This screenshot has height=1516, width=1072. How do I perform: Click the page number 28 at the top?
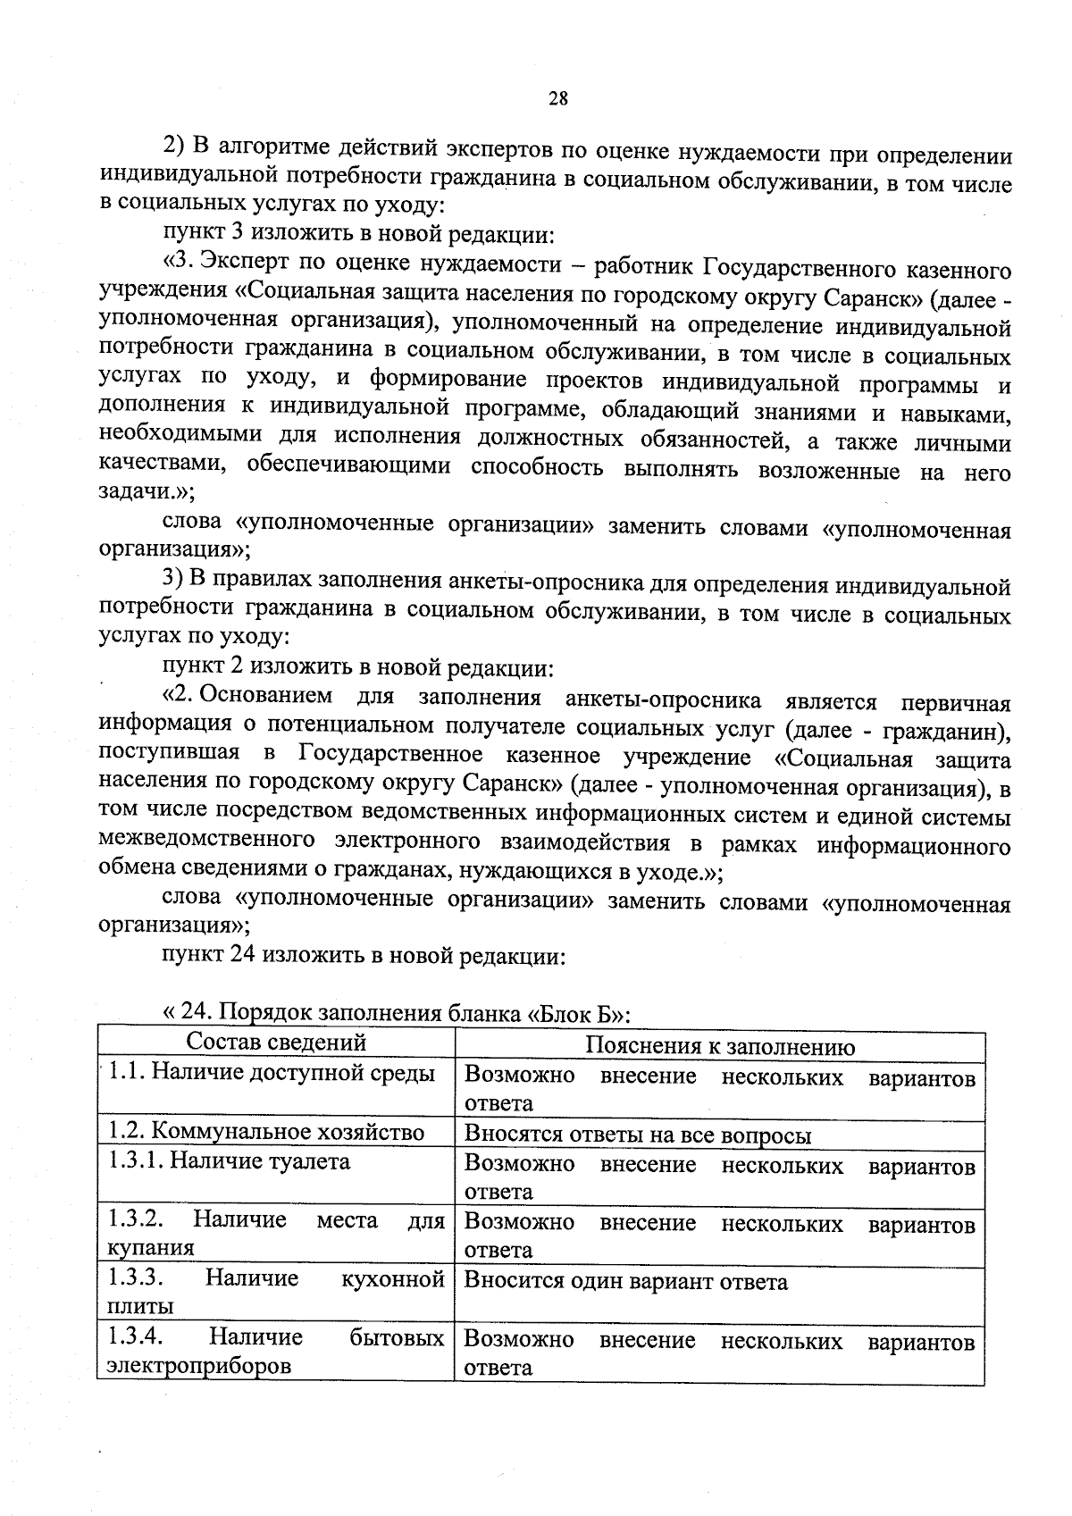(557, 98)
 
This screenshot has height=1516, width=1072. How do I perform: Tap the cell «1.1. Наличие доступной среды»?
(272, 1072)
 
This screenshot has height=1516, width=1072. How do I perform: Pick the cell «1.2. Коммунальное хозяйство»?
(265, 1132)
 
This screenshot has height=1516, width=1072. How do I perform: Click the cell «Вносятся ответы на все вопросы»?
(638, 1135)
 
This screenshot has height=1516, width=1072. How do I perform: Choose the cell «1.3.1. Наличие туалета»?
(229, 1161)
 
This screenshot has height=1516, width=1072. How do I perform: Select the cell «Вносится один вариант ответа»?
(626, 1283)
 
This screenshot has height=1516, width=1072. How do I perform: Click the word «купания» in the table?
(150, 1247)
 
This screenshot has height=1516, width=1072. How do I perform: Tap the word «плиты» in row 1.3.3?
(140, 1306)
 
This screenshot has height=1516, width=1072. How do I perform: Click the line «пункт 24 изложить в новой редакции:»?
(363, 956)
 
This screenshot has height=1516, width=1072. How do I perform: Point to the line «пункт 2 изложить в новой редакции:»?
(359, 667)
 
